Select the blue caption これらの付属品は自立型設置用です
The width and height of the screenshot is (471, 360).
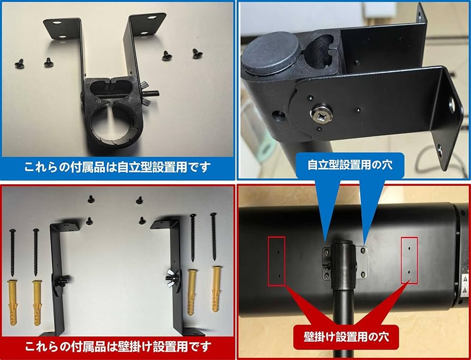(x=117, y=167)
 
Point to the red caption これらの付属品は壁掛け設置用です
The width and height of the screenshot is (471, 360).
(x=117, y=347)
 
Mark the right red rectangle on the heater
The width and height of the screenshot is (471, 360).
(x=409, y=260)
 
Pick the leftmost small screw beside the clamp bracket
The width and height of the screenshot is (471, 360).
(x=19, y=63)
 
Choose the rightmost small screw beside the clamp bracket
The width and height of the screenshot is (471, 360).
(x=197, y=53)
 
